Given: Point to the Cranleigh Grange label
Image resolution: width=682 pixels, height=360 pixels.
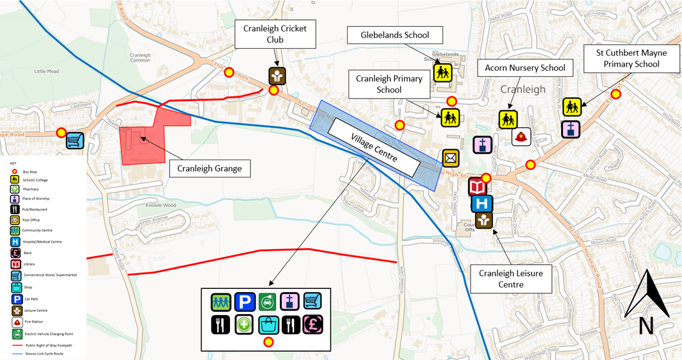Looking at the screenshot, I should click(209, 168).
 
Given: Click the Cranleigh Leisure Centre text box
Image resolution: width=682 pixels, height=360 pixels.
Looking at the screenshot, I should click(510, 279).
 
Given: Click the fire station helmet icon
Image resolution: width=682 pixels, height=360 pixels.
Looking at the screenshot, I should click(521, 136).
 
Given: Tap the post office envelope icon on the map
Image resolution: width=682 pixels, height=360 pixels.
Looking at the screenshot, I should click(451, 158).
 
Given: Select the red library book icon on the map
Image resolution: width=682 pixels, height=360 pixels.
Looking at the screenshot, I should click(478, 187).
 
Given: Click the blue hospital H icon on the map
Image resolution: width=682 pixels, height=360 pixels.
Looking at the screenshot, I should click(481, 204).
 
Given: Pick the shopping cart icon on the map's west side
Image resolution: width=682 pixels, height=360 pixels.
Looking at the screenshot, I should click(76, 140).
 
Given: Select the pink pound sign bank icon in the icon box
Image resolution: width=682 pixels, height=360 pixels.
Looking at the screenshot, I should click(313, 324).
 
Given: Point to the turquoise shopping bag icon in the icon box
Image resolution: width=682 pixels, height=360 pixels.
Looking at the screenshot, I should click(268, 324).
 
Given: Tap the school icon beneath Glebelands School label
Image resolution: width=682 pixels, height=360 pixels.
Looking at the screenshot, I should click(442, 72).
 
